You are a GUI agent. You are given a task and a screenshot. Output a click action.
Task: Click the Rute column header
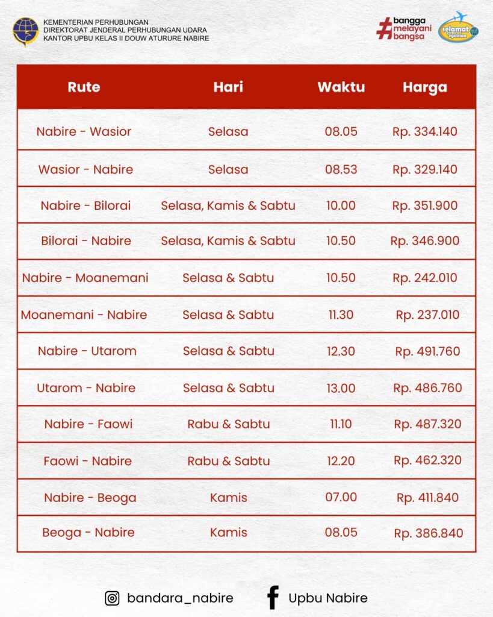(x=84, y=87)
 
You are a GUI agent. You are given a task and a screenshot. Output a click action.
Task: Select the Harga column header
(x=425, y=87)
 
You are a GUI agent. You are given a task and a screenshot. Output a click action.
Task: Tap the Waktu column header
(x=341, y=87)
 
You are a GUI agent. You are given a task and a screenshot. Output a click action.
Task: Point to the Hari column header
(x=228, y=87)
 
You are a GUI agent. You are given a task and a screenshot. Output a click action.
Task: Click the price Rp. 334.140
(x=425, y=131)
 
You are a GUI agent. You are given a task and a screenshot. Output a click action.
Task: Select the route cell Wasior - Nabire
(x=85, y=169)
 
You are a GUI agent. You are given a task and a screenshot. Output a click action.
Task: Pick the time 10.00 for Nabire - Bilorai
(x=341, y=205)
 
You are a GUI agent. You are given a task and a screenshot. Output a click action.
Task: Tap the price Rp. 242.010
(x=425, y=278)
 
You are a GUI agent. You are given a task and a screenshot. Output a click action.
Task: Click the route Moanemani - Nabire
(x=84, y=315)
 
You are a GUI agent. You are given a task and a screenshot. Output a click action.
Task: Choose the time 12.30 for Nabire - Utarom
(x=341, y=351)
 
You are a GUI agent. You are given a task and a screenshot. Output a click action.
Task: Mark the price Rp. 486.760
(x=427, y=388)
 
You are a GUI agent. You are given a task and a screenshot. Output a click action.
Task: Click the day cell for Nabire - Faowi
(x=228, y=424)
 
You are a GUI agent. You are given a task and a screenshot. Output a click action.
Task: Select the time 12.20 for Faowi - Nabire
(x=341, y=461)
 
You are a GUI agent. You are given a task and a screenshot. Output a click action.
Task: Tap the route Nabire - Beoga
(x=90, y=498)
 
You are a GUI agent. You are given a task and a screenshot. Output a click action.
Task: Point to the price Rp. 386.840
(x=429, y=533)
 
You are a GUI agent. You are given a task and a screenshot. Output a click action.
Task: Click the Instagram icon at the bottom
(x=112, y=598)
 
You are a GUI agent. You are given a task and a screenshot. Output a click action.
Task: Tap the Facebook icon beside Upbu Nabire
(x=273, y=598)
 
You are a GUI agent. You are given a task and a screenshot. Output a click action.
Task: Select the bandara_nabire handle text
(x=180, y=598)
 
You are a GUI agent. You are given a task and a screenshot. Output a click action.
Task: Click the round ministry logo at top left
(x=25, y=31)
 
